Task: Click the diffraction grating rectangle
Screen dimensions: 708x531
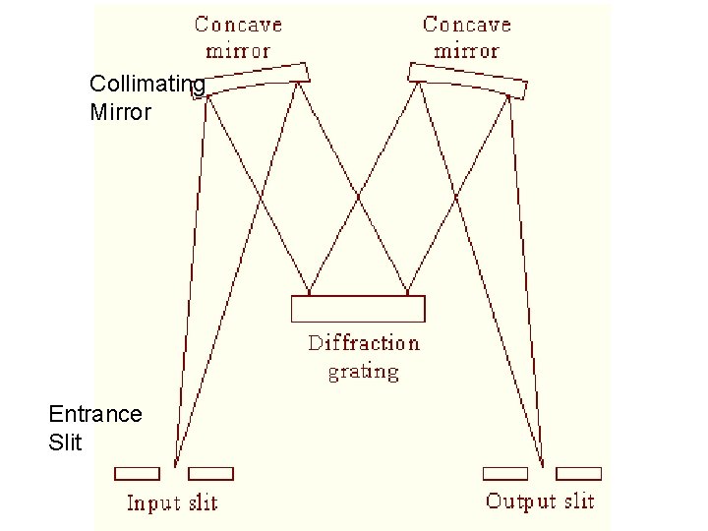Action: pyautogui.click(x=359, y=309)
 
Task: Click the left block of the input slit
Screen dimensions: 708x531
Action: pyautogui.click(x=138, y=474)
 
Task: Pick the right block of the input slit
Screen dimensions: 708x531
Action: pyautogui.click(x=210, y=474)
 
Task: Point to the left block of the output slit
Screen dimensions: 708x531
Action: pyautogui.click(x=505, y=474)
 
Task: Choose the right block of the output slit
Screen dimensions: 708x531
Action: pyautogui.click(x=578, y=474)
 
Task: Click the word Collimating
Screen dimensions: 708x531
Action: pyautogui.click(x=147, y=85)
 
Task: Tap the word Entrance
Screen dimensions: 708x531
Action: pyautogui.click(x=94, y=414)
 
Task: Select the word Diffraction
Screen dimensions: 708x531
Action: pyautogui.click(x=364, y=343)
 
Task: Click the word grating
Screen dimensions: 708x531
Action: pyautogui.click(x=364, y=372)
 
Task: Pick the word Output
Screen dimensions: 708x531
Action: pyautogui.click(x=520, y=501)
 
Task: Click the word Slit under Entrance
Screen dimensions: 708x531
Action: pyautogui.click(x=65, y=442)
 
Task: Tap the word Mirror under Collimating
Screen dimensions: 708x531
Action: pyautogui.click(x=120, y=112)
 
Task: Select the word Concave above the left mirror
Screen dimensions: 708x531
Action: pyautogui.click(x=238, y=25)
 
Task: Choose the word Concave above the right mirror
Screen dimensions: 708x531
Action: pyautogui.click(x=466, y=25)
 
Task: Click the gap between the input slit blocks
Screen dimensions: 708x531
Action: pyautogui.click(x=174, y=474)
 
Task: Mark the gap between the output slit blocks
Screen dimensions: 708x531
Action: pyautogui.click(x=542, y=474)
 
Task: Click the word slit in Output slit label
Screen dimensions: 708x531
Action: pyautogui.click(x=578, y=501)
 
